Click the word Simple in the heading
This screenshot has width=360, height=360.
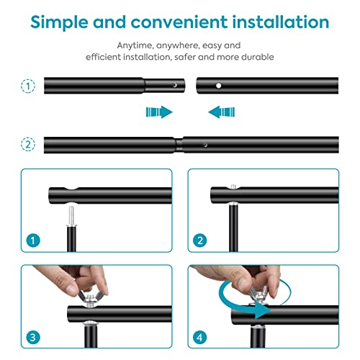[x=59, y=22]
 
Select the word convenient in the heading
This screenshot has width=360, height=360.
[x=179, y=22]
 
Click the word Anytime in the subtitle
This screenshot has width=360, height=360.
[x=135, y=45]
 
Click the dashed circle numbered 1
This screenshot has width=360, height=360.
[x=28, y=86]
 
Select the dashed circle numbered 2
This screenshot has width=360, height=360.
[x=28, y=145]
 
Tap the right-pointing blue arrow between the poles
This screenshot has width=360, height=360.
[x=159, y=112]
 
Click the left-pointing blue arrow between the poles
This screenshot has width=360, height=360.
[x=222, y=112]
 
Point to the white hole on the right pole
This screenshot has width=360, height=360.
[x=218, y=86]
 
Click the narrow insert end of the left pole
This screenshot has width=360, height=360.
[x=164, y=86]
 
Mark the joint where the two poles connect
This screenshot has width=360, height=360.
[x=179, y=145]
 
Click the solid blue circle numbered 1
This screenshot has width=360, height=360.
[x=33, y=240]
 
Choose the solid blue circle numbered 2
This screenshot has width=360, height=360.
[x=199, y=240]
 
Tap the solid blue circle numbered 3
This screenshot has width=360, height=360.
[x=33, y=337]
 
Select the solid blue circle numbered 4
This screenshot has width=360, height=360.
[x=199, y=337]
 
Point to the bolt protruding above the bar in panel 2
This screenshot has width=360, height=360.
[x=233, y=186]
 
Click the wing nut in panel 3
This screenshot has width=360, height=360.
[x=89, y=298]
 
